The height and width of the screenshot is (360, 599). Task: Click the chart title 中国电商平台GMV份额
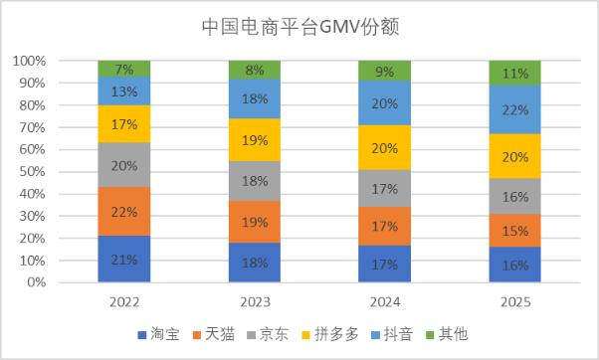pyautogui.click(x=300, y=27)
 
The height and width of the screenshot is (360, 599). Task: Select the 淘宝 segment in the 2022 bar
pyautogui.click(x=124, y=259)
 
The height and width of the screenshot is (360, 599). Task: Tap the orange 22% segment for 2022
pyautogui.click(x=124, y=211)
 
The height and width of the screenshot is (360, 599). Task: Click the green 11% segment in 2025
pyautogui.click(x=515, y=73)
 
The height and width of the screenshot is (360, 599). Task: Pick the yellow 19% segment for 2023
pyautogui.click(x=255, y=140)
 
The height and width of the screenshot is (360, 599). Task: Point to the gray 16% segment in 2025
pyautogui.click(x=515, y=196)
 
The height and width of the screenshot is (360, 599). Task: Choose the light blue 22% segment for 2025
pyautogui.click(x=515, y=109)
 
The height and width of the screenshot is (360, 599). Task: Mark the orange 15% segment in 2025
pyautogui.click(x=515, y=231)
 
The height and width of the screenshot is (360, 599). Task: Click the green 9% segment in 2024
pyautogui.click(x=384, y=71)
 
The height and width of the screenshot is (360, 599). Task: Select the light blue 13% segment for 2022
pyautogui.click(x=124, y=90)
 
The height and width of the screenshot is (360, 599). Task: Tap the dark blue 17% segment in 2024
pyautogui.click(x=384, y=264)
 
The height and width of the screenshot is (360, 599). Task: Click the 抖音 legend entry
pyautogui.click(x=392, y=334)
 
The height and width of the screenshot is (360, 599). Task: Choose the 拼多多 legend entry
pyautogui.click(x=330, y=334)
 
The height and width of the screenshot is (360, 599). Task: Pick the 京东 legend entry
pyautogui.click(x=268, y=334)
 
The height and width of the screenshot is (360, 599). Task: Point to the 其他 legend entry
pyautogui.click(x=447, y=334)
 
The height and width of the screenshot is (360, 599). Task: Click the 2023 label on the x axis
pyautogui.click(x=255, y=302)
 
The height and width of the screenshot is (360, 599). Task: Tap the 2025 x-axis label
pyautogui.click(x=515, y=302)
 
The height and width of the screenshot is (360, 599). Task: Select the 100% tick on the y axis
pyautogui.click(x=30, y=61)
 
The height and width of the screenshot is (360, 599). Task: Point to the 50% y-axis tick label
pyautogui.click(x=33, y=172)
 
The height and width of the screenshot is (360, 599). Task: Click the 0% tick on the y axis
pyautogui.click(x=36, y=282)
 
